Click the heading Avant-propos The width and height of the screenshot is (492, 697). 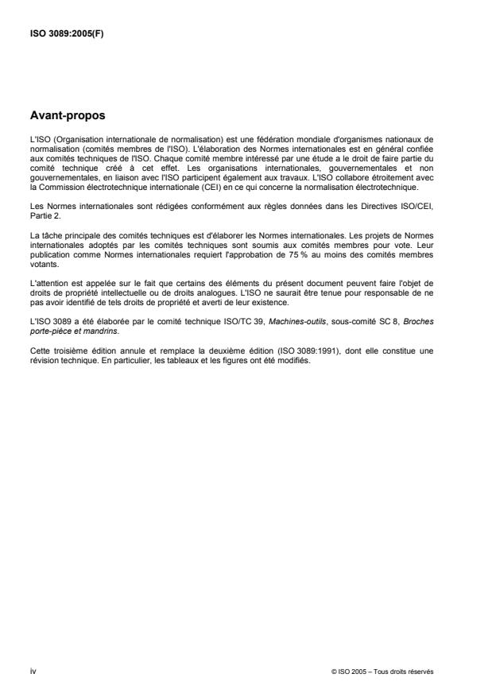(x=67, y=115)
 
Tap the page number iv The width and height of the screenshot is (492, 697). (x=33, y=672)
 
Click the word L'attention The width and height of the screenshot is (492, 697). (x=47, y=285)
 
